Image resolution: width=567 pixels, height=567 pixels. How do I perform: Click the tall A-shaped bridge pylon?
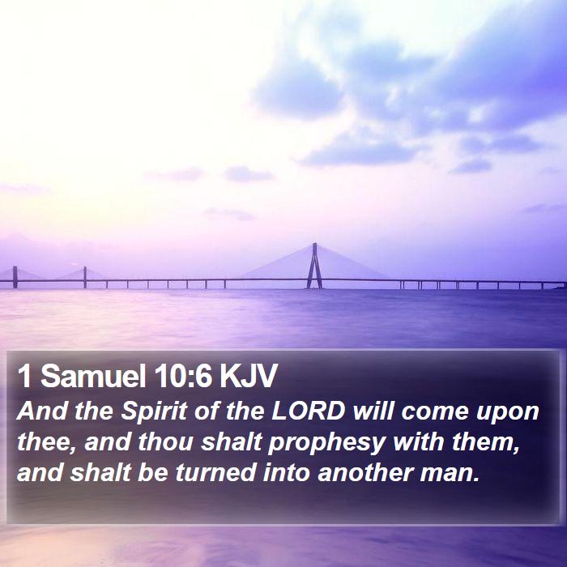point(314,266)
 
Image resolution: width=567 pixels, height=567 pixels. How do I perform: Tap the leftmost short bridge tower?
point(15,277)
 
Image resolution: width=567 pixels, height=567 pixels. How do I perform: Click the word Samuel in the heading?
point(93,376)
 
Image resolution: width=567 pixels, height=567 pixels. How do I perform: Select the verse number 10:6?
point(182,376)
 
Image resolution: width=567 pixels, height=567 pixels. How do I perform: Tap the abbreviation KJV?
point(248,376)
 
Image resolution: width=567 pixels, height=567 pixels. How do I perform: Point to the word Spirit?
point(154,411)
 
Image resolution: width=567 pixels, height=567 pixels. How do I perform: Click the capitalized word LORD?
point(309,411)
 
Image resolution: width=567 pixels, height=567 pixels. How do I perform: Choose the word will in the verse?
point(373,411)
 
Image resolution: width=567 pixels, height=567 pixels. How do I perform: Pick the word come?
point(435,412)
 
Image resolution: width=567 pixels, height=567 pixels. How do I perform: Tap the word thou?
point(165,442)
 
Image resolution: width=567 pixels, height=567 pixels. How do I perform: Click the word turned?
point(215,473)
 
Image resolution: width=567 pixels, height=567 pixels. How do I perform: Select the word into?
point(286,472)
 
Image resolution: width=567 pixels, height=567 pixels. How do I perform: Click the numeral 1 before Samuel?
point(25,376)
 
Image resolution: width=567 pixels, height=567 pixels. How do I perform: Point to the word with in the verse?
point(418,442)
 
